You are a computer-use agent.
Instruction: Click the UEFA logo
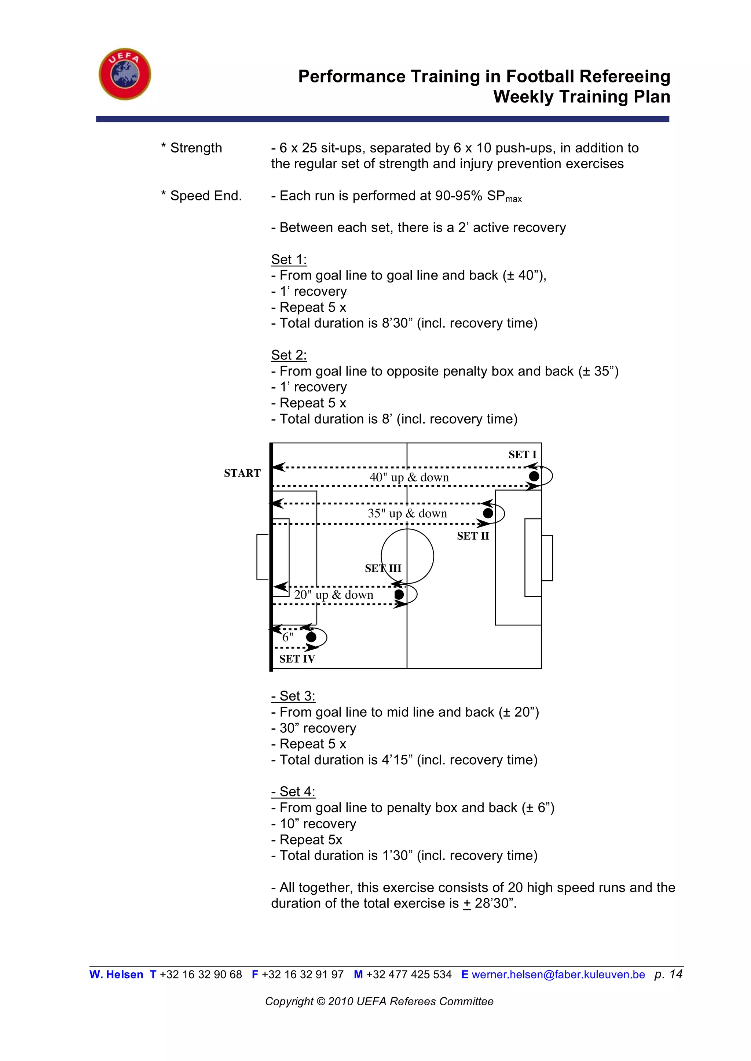(x=125, y=74)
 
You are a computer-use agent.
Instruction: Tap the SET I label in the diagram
(x=522, y=455)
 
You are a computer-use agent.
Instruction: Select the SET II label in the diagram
(x=473, y=536)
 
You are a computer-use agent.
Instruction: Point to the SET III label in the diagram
(x=383, y=568)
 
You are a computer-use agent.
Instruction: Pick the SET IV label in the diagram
(x=297, y=659)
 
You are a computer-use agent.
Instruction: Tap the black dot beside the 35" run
(x=488, y=513)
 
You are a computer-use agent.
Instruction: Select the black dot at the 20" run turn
(x=399, y=595)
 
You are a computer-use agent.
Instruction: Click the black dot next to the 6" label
(x=311, y=637)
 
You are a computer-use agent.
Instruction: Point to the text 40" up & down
(x=409, y=477)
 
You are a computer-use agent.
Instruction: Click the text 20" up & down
(x=333, y=595)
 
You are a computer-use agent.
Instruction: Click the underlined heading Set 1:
(x=289, y=260)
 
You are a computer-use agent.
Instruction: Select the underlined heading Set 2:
(x=289, y=355)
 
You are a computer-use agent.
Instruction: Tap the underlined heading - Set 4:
(x=293, y=792)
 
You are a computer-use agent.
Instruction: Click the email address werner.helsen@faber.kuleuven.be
(x=558, y=975)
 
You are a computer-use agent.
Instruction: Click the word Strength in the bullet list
(x=196, y=148)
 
